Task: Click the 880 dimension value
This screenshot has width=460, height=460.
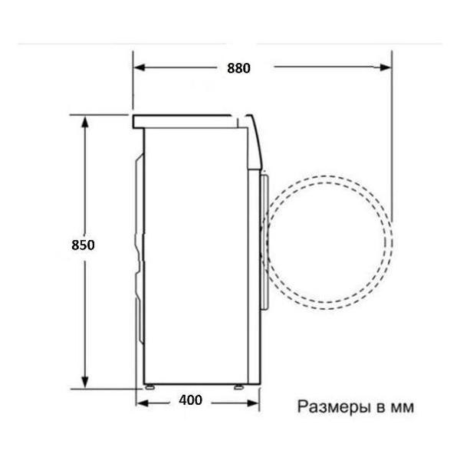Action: (238, 67)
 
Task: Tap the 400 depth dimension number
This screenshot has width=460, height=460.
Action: (191, 400)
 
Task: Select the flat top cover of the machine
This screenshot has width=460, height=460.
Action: (184, 120)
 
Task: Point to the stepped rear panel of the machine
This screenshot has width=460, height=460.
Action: (139, 253)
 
